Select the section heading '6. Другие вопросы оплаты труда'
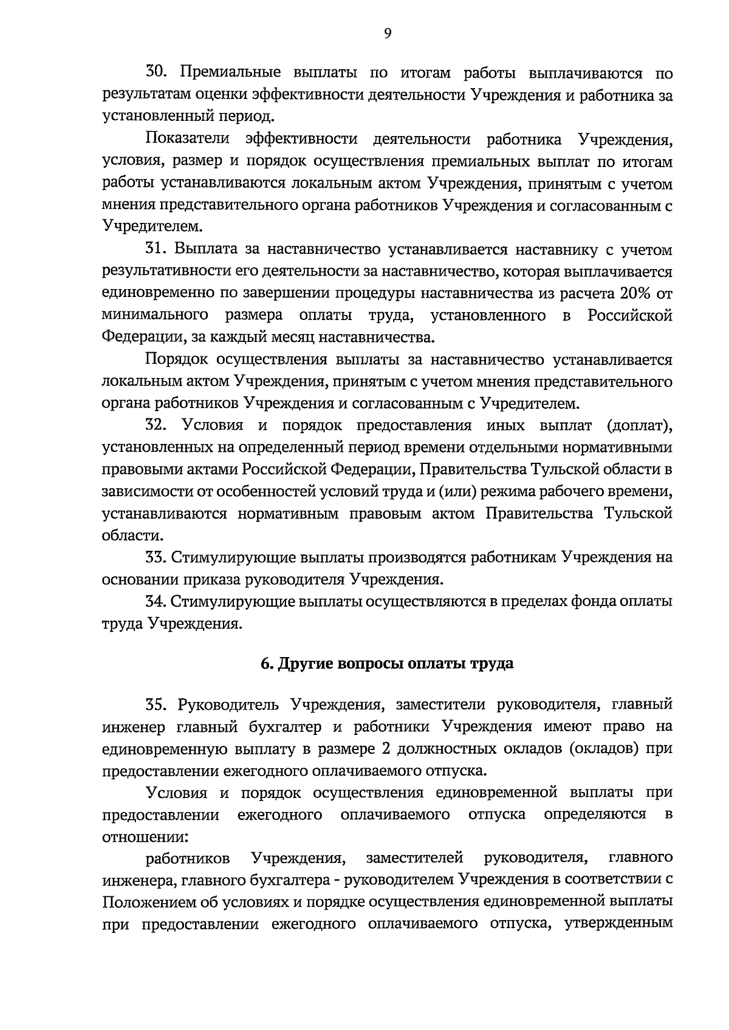[387, 663]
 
